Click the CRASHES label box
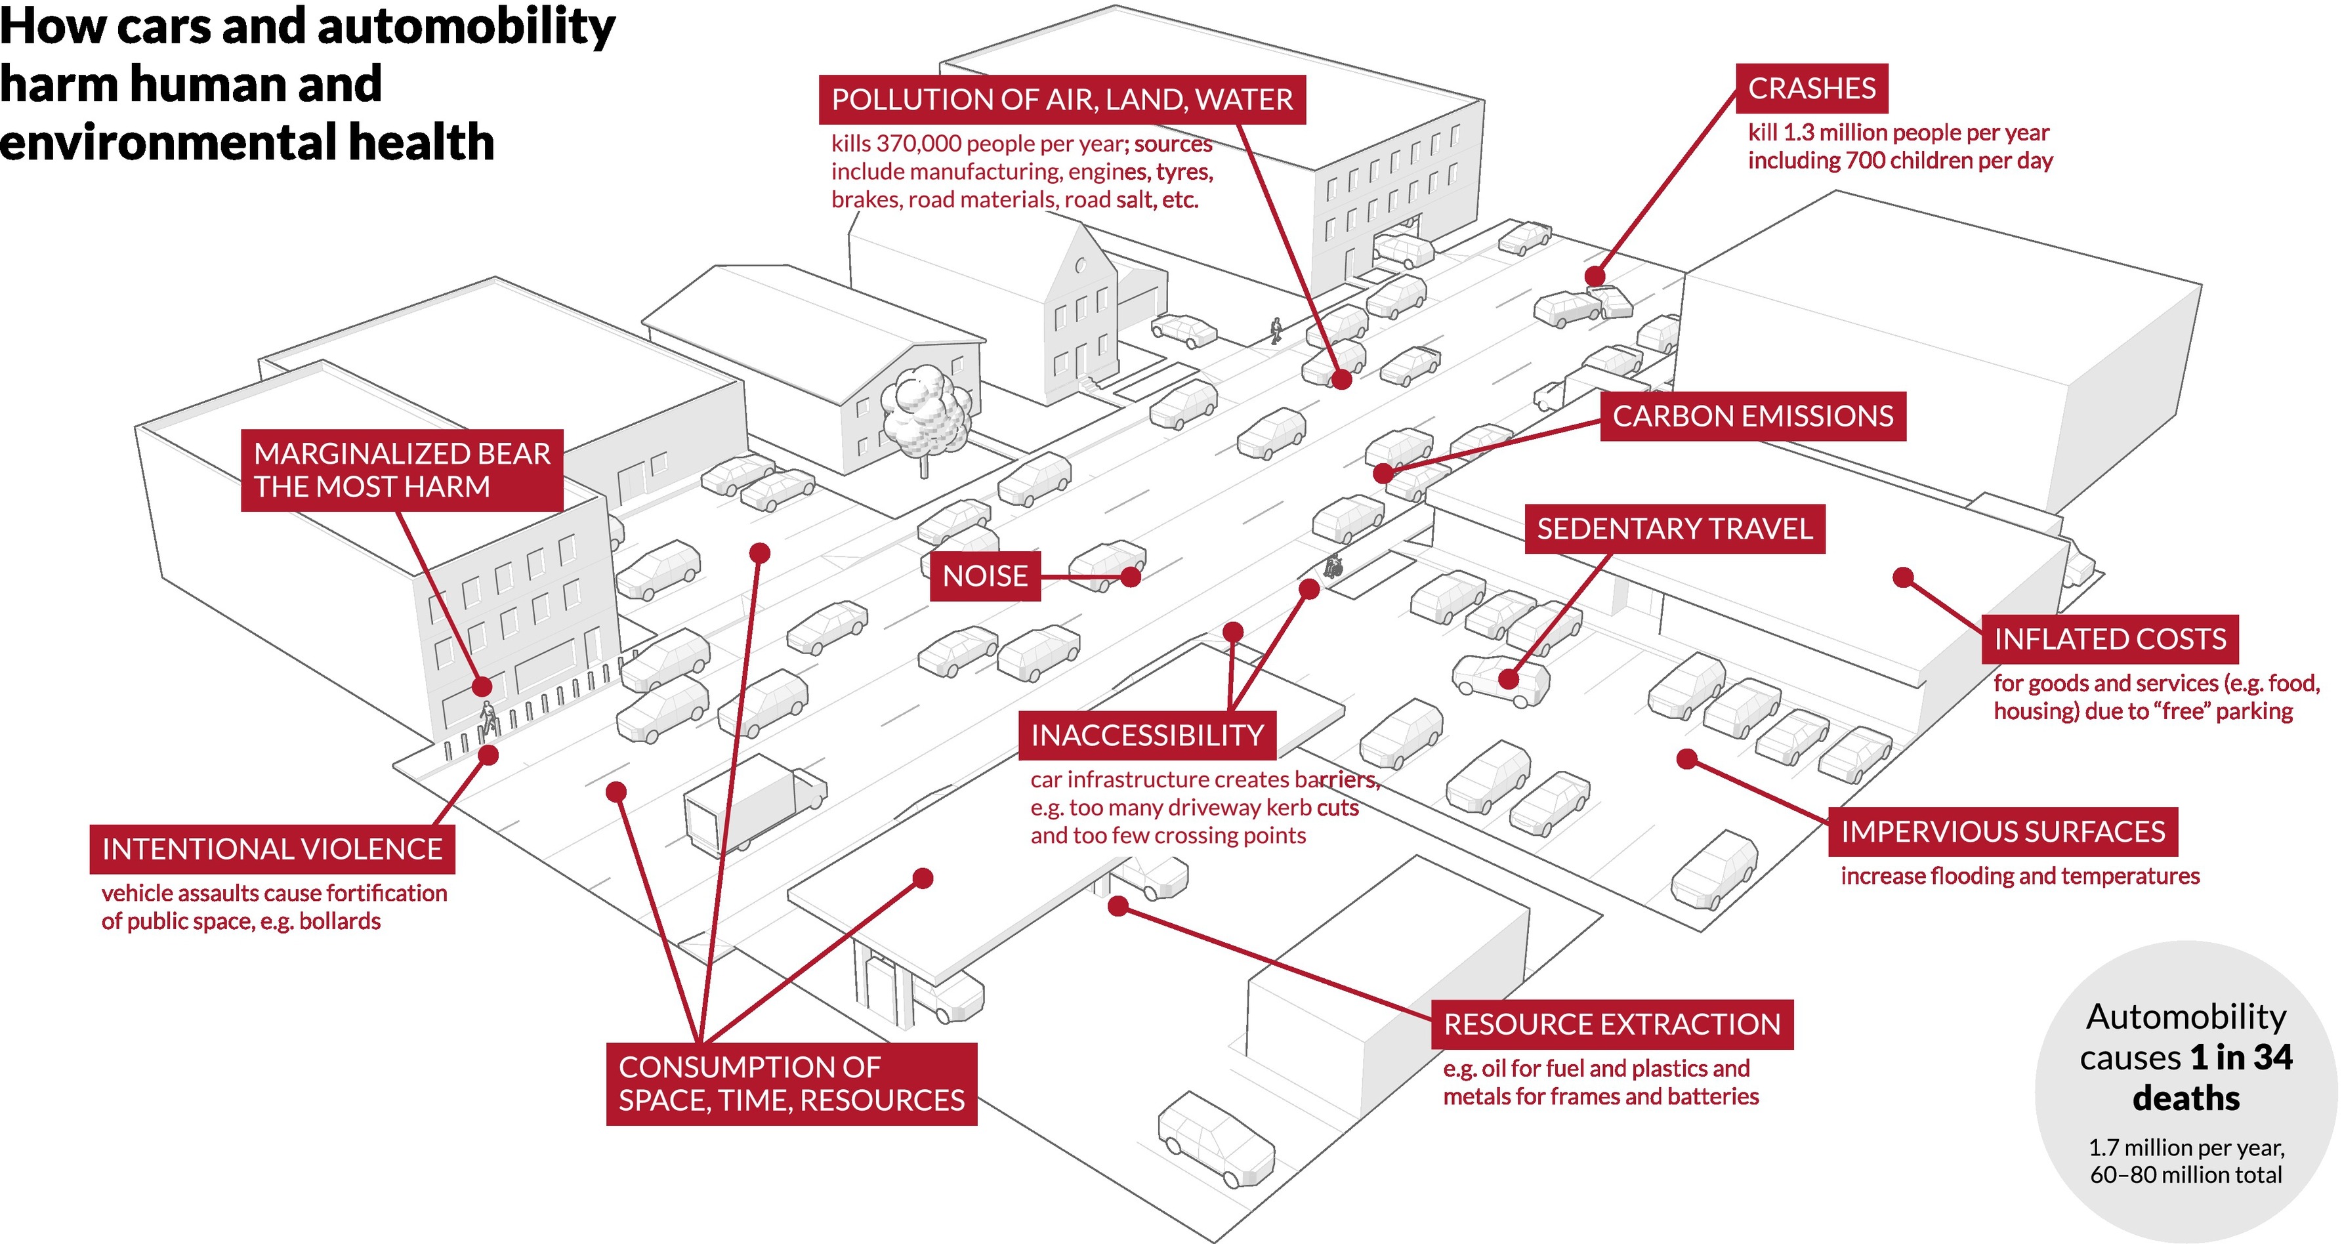(x=1811, y=88)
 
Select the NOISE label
(x=984, y=575)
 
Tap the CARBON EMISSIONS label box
(x=1752, y=417)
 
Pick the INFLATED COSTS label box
(x=2109, y=639)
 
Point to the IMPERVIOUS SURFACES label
(x=2002, y=832)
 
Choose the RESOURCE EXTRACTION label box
(x=1611, y=1025)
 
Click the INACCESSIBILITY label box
(x=1146, y=736)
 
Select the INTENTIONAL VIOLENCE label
(x=272, y=849)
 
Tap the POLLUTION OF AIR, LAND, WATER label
(x=1062, y=100)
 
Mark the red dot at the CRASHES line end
(x=1595, y=276)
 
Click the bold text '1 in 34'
(x=2240, y=1058)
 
